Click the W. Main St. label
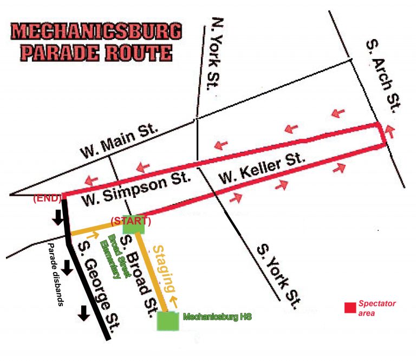pyautogui.click(x=119, y=140)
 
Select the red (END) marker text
pyautogui.click(x=47, y=198)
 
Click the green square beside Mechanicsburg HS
pyautogui.click(x=168, y=320)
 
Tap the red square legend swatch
pyautogui.click(x=350, y=307)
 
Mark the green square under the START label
pyautogui.click(x=134, y=225)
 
